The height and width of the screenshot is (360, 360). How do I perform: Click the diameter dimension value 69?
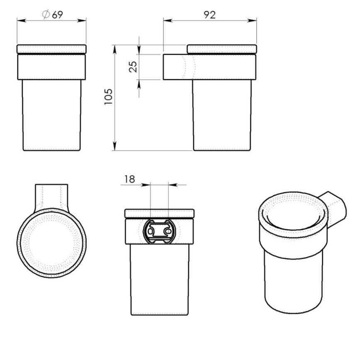[x=58, y=15]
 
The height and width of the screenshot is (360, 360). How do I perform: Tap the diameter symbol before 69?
[x=46, y=15]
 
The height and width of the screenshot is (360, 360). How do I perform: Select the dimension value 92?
[x=210, y=15]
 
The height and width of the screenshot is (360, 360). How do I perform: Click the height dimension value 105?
[x=108, y=97]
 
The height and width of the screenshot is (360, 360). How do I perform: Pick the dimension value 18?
[x=129, y=179]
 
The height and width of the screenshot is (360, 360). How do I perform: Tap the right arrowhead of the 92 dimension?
[x=253, y=20]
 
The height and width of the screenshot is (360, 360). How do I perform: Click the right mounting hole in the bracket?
[x=168, y=230]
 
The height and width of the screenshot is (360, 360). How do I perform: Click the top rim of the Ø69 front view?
[x=51, y=49]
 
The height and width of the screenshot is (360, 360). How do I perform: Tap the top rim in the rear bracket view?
[x=160, y=213]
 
